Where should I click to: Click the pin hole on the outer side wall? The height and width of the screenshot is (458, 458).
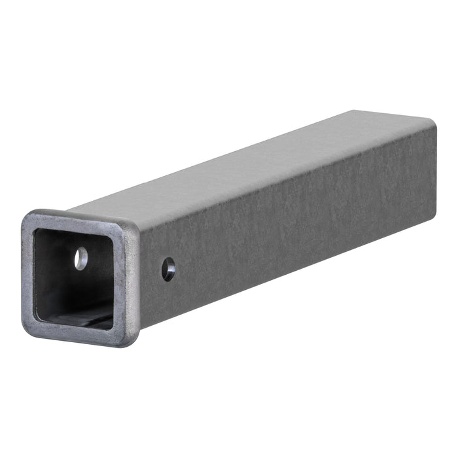pos(168,269)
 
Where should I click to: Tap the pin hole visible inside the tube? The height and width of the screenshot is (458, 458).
pos(80,258)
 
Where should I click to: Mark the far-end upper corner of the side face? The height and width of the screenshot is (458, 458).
pos(433,123)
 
